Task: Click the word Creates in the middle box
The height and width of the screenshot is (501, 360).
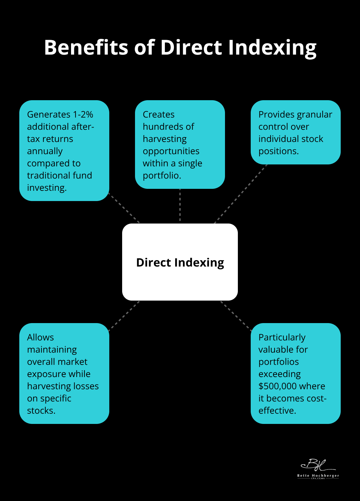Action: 158,114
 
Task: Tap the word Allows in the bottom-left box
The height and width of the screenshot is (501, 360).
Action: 40,337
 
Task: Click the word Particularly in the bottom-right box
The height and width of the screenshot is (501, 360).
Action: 282,337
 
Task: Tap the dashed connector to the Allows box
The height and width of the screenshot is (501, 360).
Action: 124,316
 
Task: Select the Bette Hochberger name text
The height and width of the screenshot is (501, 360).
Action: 318,476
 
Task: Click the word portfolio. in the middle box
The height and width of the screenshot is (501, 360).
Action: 162,175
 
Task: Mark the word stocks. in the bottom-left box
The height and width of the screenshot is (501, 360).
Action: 41,410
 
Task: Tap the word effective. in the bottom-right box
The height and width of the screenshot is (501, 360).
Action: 277,410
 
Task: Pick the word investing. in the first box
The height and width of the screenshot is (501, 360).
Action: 47,188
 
